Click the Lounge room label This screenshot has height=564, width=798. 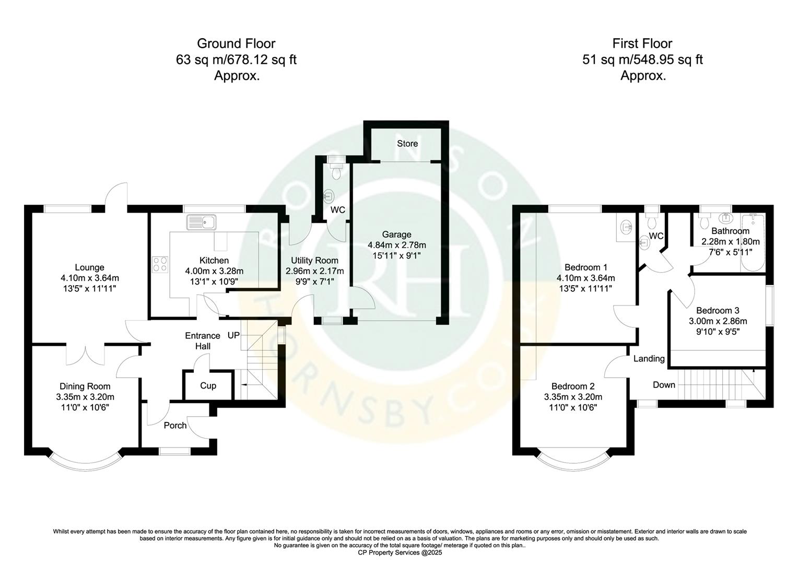tap(89, 267)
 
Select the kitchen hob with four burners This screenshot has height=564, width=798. tap(160, 265)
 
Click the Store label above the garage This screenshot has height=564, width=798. tap(407, 144)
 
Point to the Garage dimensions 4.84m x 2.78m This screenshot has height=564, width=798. tap(397, 245)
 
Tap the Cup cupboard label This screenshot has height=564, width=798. tap(208, 386)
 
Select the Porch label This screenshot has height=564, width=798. tap(175, 426)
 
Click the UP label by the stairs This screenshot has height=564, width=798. tap(233, 335)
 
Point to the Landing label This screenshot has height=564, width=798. tap(649, 359)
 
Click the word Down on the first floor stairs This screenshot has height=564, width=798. tap(664, 385)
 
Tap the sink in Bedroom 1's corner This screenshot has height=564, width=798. tap(626, 228)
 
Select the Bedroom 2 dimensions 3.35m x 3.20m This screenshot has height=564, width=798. tap(573, 397)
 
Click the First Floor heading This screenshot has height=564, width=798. tap(642, 43)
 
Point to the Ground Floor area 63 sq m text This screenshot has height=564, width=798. tap(236, 60)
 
